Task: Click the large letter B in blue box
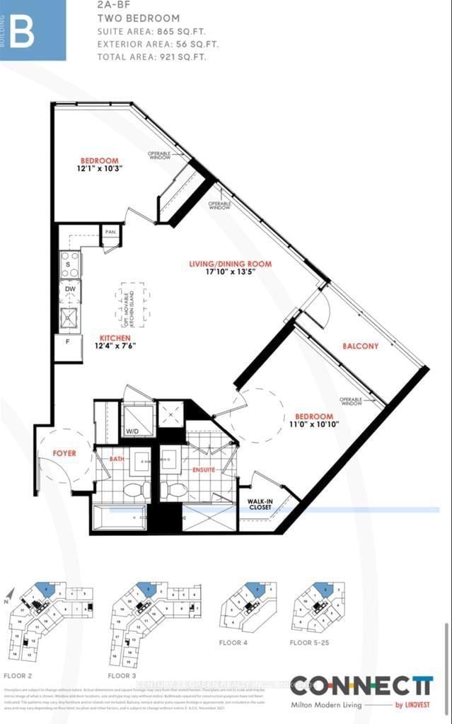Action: point(21,31)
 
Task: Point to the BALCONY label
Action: point(360,346)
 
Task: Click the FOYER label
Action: point(64,453)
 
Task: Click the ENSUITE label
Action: point(204,469)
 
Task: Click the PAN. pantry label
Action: point(110,232)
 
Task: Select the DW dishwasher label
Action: point(69,288)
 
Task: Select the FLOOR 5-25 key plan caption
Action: point(311,643)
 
